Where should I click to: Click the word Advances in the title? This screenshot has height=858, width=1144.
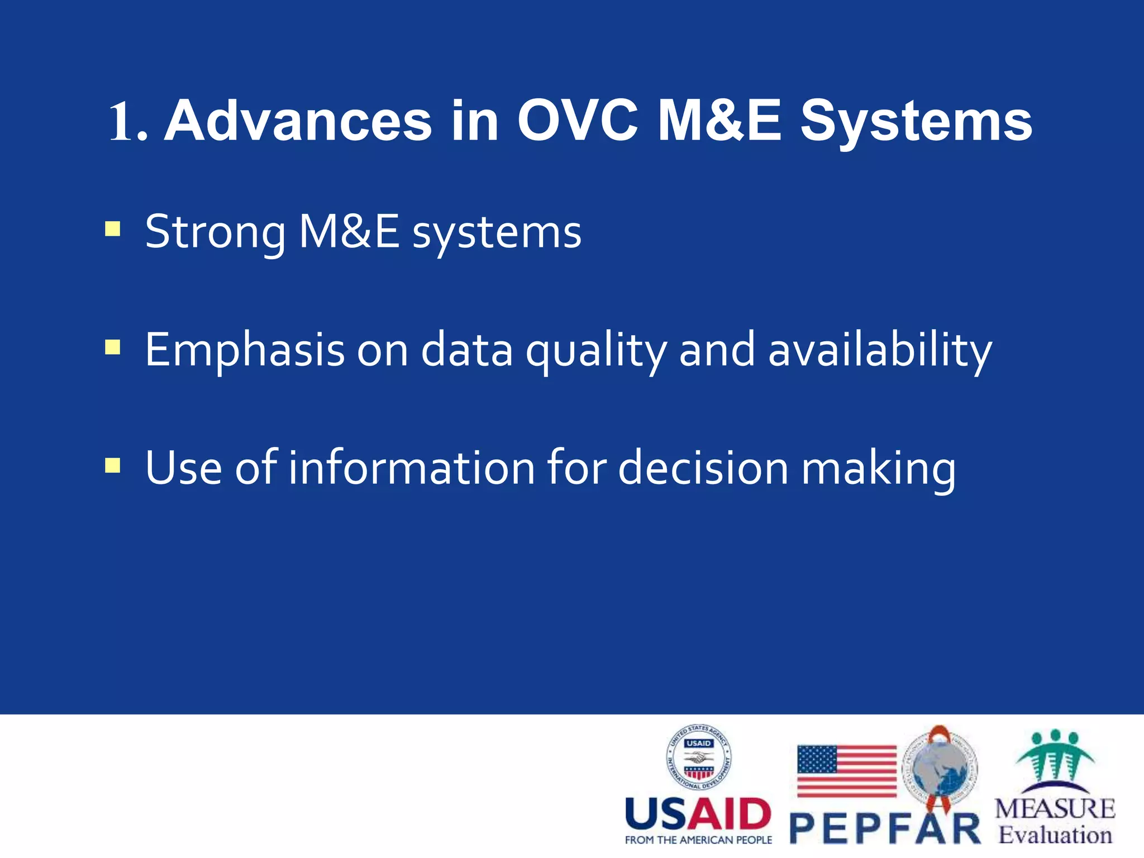coord(298,122)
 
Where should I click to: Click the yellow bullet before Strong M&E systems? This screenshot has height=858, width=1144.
coord(112,230)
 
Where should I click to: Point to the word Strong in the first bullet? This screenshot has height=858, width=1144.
coord(215,232)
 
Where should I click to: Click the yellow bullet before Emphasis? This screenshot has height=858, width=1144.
coord(112,347)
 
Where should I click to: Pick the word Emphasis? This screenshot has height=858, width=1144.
coord(245,350)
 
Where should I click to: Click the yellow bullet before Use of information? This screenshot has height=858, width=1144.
coord(112,465)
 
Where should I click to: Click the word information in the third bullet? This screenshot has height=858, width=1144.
coord(412,468)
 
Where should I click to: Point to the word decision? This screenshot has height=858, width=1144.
coord(703,468)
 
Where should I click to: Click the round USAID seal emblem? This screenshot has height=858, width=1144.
coord(698,757)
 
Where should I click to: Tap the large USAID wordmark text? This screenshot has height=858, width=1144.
coord(698,814)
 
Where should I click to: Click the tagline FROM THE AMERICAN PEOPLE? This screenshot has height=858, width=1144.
coord(698,840)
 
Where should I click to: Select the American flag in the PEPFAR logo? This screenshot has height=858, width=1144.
coord(846,771)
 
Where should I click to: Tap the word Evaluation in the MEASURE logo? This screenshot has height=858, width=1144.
coord(1055,835)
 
